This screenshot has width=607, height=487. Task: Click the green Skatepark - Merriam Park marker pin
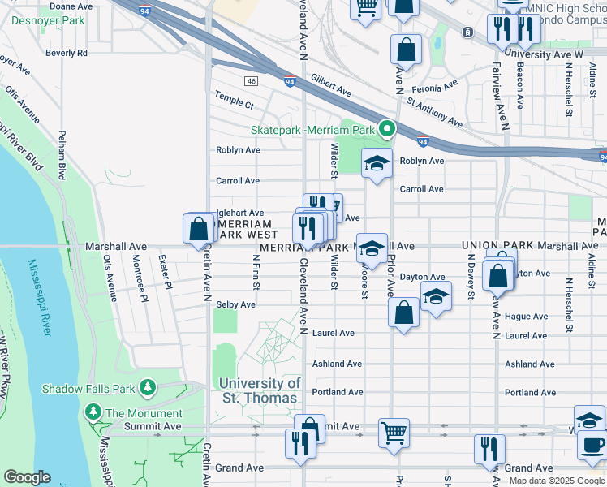tap(387, 128)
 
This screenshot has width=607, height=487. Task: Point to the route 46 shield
tap(252, 81)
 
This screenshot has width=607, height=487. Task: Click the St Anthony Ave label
tap(434, 114)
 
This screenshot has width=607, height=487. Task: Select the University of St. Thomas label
tap(260, 390)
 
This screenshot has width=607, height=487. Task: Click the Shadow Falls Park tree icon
tap(148, 387)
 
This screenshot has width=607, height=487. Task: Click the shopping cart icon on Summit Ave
tap(394, 432)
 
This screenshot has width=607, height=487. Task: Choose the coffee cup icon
tap(592, 445)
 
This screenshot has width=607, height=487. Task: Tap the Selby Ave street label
tap(236, 304)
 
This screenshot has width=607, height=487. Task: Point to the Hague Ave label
tap(527, 317)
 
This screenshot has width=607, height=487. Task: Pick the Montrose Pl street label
tap(139, 275)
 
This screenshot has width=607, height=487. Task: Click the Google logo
tap(27, 478)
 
